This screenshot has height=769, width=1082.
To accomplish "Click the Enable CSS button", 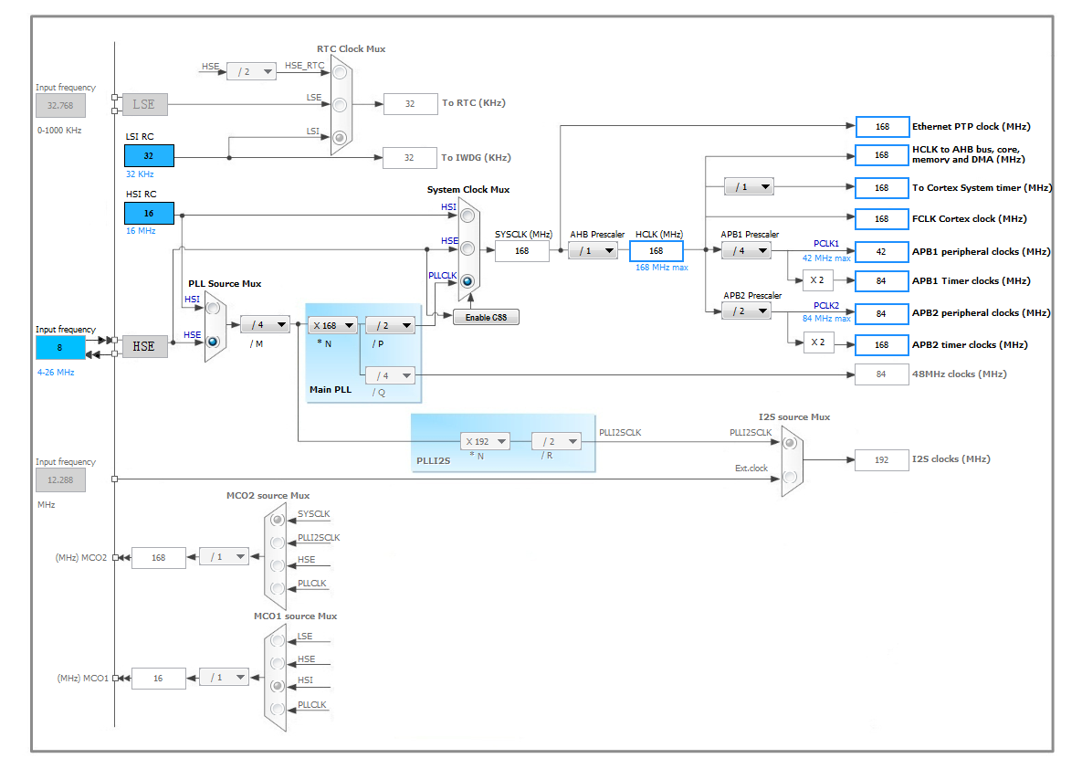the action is click(486, 318).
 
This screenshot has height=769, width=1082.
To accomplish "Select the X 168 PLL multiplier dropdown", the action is click(332, 325).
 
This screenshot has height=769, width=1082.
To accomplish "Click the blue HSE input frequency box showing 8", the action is click(60, 347).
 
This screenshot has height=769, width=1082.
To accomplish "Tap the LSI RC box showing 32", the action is click(149, 156).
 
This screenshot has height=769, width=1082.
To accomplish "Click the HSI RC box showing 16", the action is click(149, 214).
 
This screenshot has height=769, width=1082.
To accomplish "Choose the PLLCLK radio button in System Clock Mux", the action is click(467, 281).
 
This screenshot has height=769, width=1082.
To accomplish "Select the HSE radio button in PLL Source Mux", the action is click(214, 342).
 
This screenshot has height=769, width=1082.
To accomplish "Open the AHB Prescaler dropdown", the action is click(593, 250).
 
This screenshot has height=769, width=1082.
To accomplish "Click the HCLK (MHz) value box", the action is click(657, 250).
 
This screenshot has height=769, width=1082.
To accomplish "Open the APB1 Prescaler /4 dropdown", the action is click(747, 250).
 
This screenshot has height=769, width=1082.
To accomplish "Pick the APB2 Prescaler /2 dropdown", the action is click(747, 311).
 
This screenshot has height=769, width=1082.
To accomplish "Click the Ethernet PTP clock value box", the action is click(883, 127).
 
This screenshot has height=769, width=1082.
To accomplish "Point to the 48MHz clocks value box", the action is click(882, 374).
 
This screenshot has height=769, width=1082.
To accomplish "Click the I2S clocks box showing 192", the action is click(882, 459).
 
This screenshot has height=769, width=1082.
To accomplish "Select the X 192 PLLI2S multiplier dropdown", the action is click(485, 441).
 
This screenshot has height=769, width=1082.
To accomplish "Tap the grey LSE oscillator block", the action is click(145, 104).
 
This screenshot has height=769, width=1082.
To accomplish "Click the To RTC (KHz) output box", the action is click(411, 103).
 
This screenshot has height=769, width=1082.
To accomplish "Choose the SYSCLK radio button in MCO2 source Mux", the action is click(278, 519).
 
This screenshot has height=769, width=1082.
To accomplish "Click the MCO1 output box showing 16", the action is click(159, 679).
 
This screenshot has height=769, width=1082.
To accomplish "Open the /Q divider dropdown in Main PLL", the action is click(390, 375).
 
